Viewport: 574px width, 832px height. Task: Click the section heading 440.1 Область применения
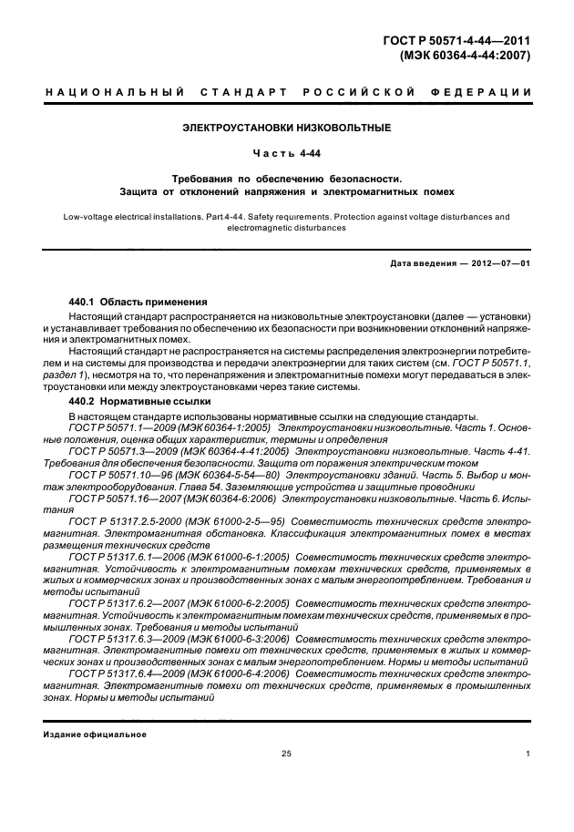pyautogui.click(x=138, y=301)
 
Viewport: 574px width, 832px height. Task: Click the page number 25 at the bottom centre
pyautogui.click(x=286, y=754)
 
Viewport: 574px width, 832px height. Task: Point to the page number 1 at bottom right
pyautogui.click(x=528, y=754)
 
